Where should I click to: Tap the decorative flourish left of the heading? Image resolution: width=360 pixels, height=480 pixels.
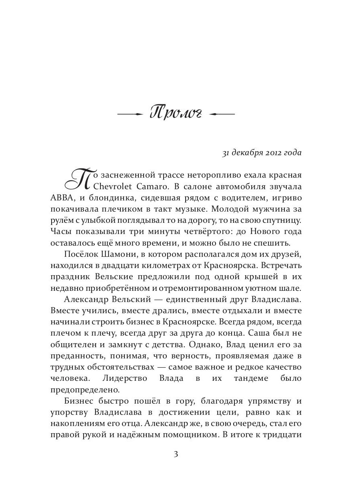coord(130,114)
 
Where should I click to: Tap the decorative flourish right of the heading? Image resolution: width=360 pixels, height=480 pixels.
coord(222,114)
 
